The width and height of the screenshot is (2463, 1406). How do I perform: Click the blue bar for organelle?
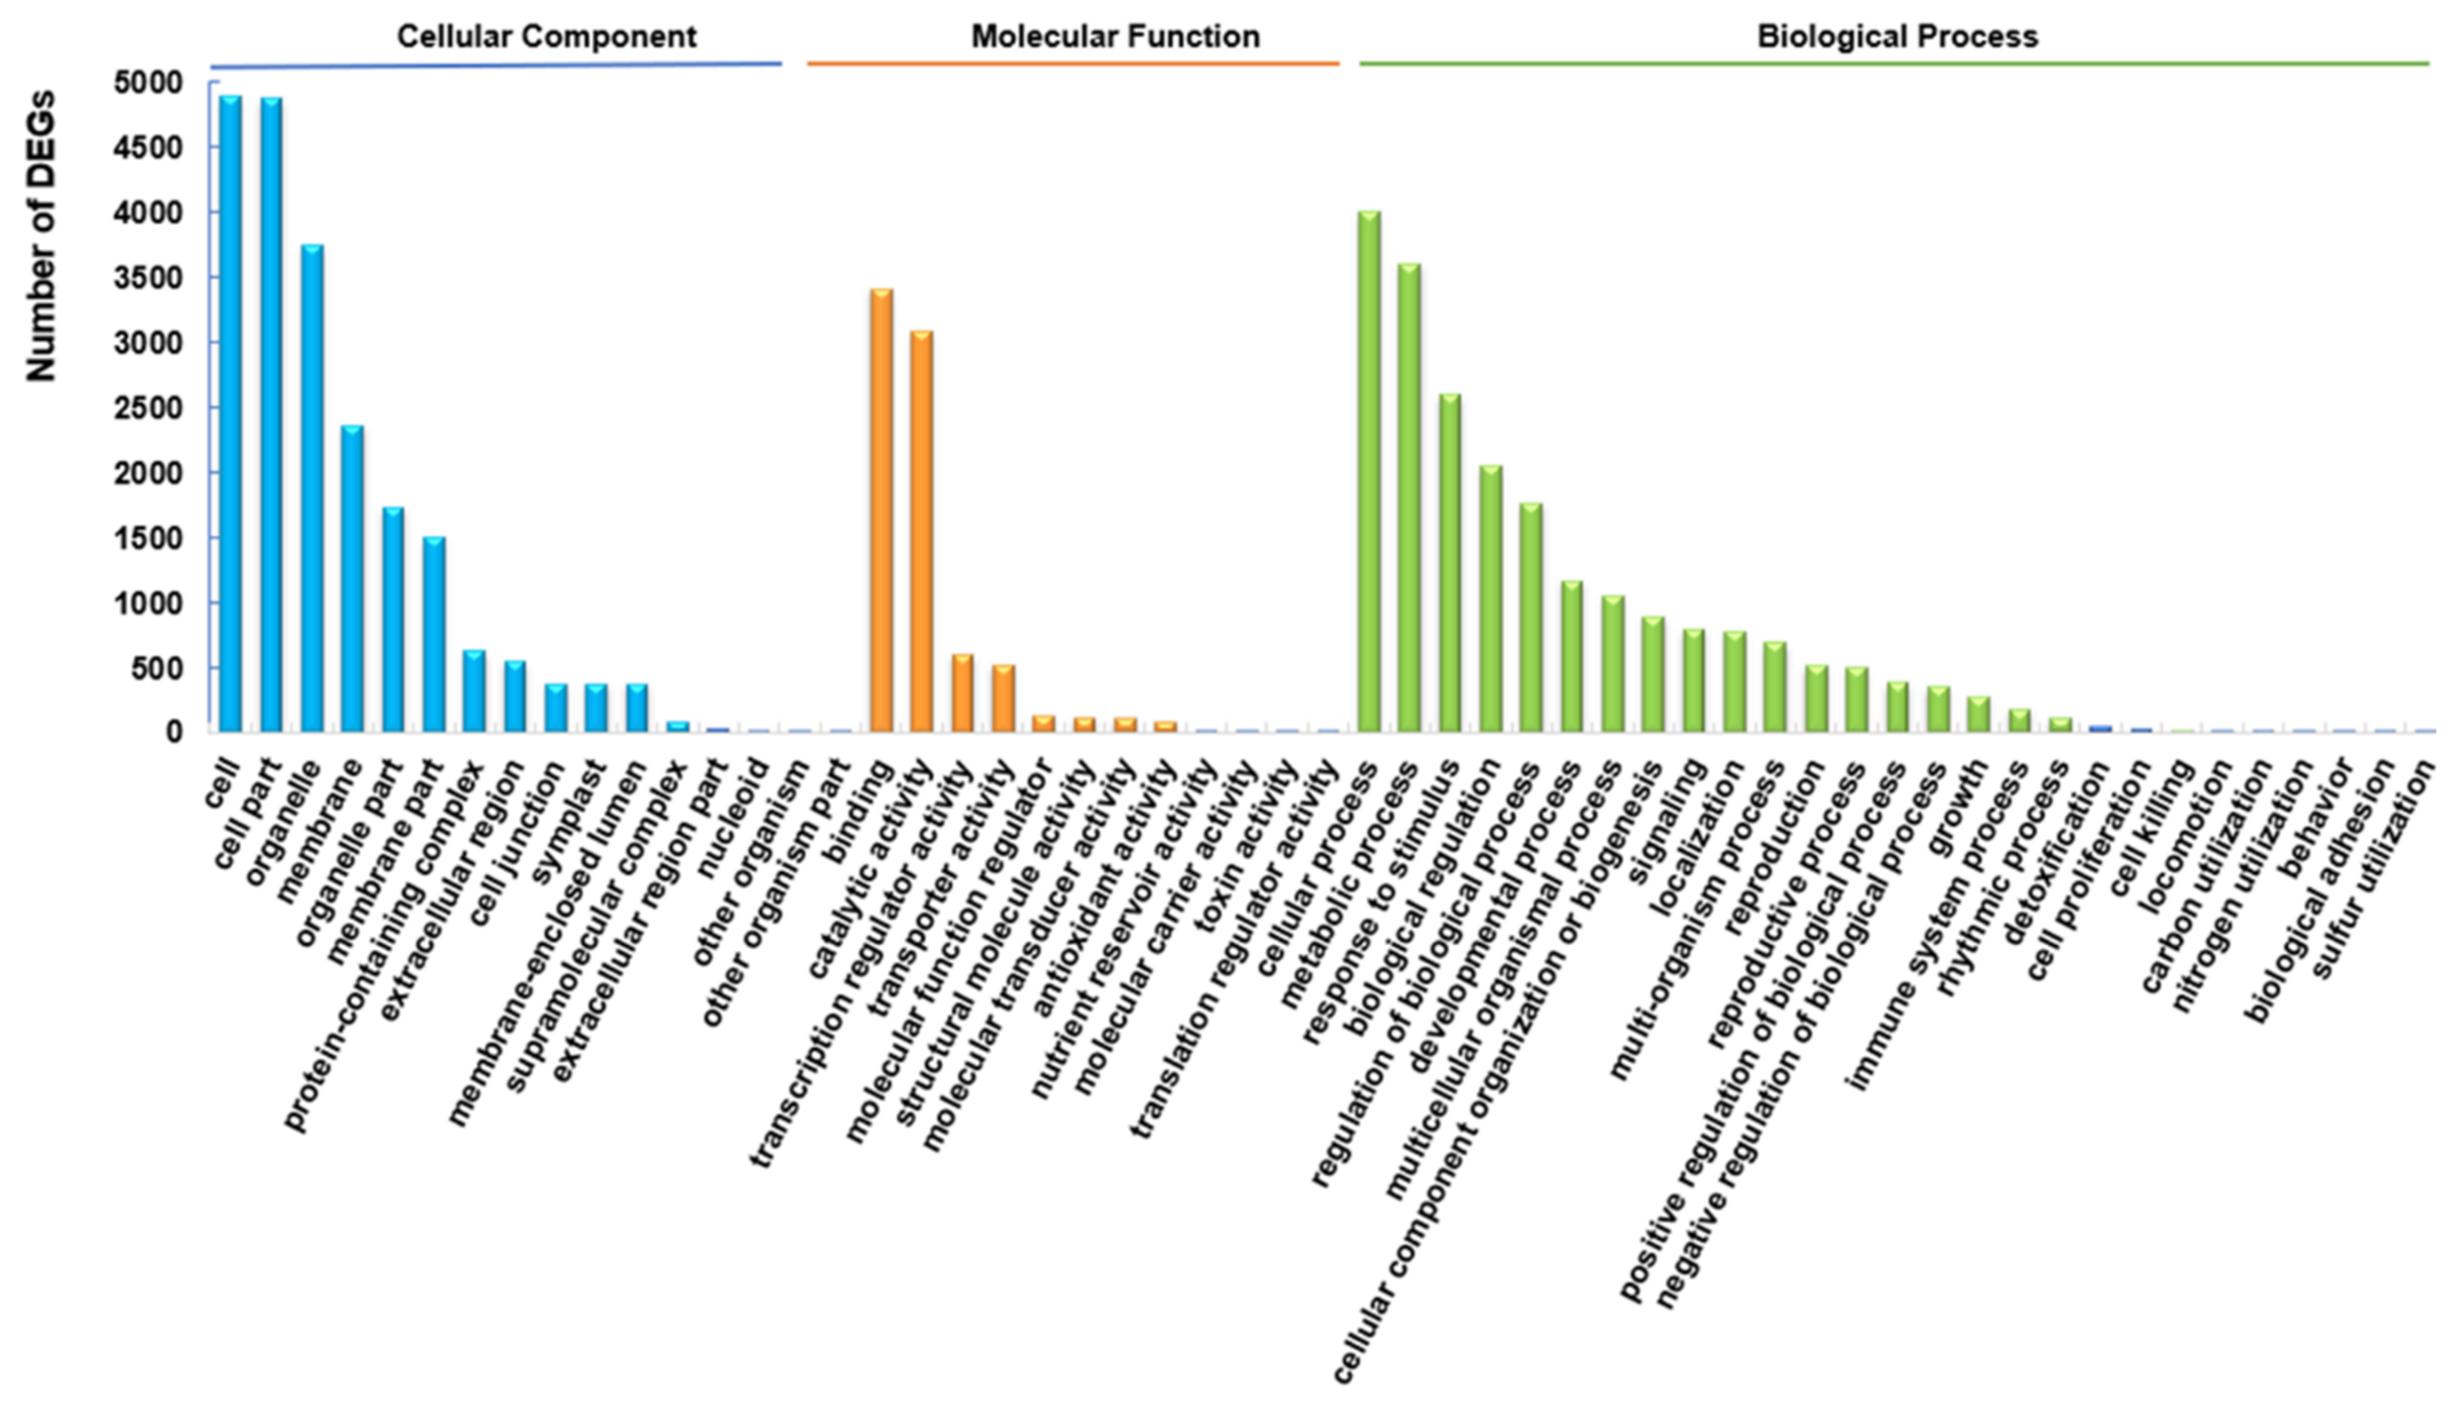tap(312, 487)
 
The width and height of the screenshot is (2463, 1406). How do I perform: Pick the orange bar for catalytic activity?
tap(921, 531)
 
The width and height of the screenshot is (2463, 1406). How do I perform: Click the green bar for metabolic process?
tap(1409, 497)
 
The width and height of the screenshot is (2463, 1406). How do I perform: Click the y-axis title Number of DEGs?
tap(41, 237)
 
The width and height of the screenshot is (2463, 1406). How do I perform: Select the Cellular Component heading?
tap(546, 36)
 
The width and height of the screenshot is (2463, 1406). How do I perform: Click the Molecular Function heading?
tap(1115, 36)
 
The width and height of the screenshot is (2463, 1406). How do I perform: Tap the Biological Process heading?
tap(1897, 36)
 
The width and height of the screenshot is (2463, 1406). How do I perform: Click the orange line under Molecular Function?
tap(1072, 64)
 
